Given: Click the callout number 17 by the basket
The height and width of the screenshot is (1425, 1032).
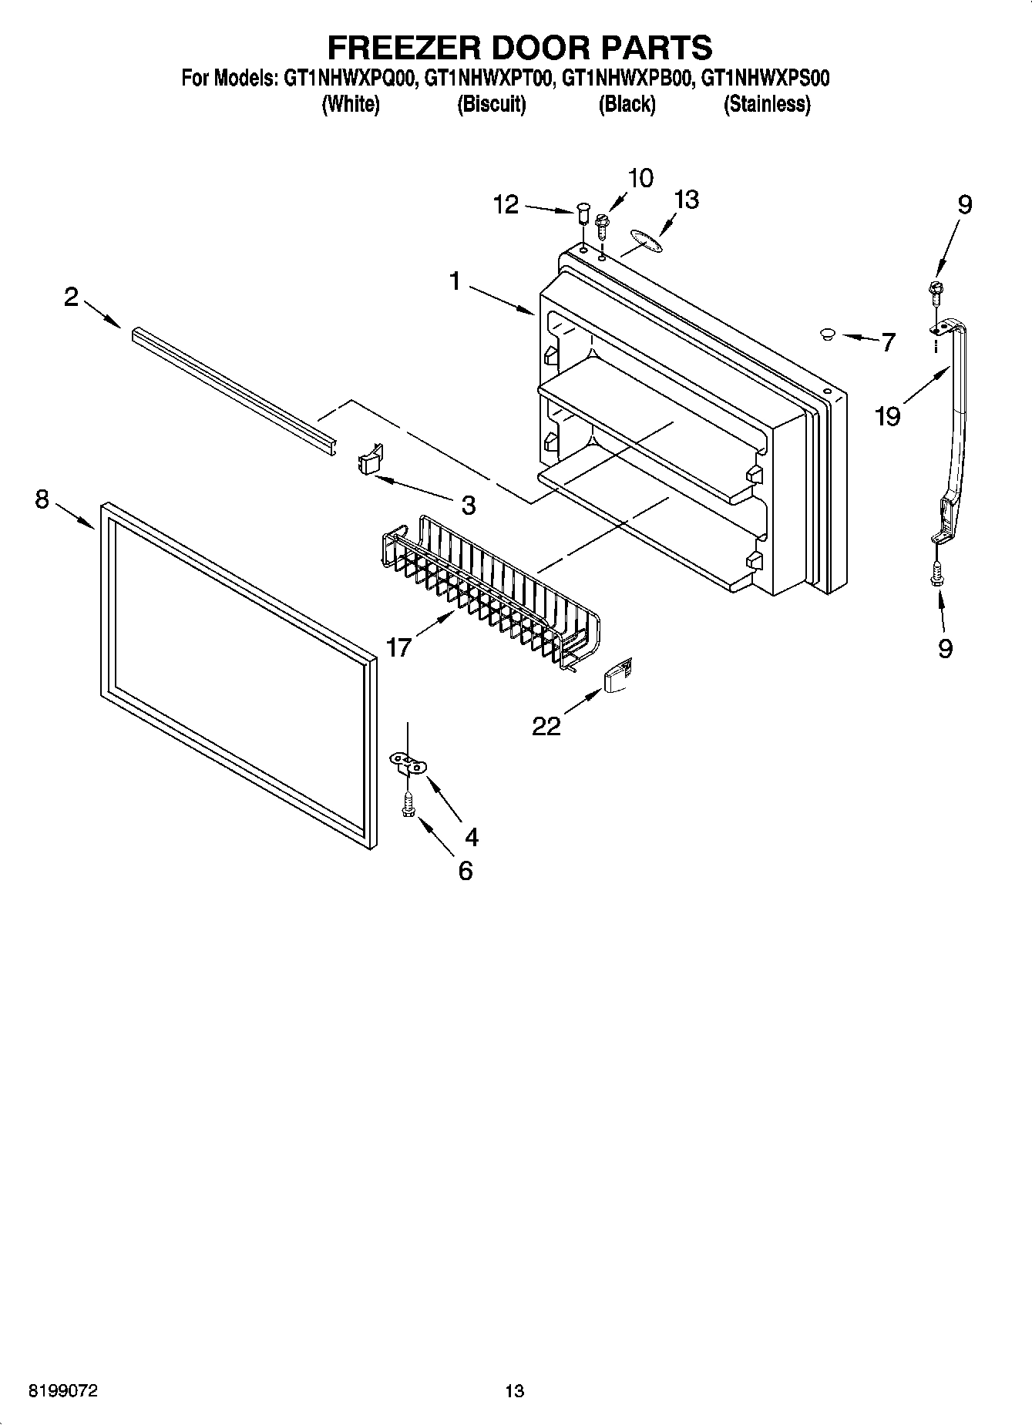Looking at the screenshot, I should click(398, 647).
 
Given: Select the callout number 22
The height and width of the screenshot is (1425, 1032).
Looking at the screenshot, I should click(546, 725).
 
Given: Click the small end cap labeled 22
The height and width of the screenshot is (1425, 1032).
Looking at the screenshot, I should click(618, 677).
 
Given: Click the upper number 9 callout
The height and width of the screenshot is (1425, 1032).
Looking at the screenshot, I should click(964, 204).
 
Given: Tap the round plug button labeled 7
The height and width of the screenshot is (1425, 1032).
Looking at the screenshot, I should click(828, 334).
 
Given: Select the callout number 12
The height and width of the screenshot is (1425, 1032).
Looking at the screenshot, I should click(506, 205).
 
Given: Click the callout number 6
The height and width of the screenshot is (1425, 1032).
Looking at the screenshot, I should click(466, 870).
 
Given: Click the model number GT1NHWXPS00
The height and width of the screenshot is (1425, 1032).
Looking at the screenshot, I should click(765, 78).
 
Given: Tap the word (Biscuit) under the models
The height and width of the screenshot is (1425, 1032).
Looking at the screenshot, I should click(491, 104).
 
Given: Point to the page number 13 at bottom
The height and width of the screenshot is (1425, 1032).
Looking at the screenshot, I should click(514, 1390).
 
